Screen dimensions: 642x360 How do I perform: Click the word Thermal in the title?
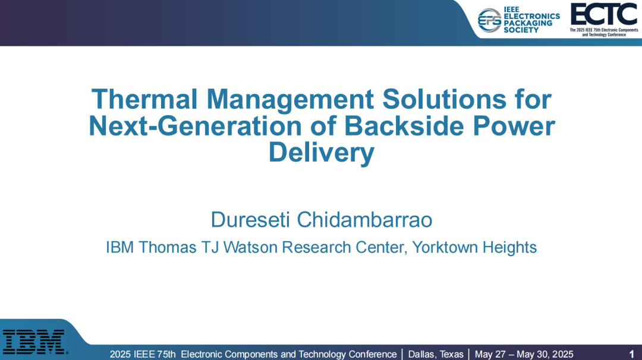tap(144, 99)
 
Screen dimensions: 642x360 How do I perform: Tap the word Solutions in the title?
tap(444, 99)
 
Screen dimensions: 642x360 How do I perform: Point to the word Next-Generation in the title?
tap(196, 126)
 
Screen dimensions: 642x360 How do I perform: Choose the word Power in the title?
tap(514, 126)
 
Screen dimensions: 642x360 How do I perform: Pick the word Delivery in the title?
tap(322, 153)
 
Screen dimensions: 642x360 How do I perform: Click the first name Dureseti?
tap(250, 220)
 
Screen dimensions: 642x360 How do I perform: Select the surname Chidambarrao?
tap(364, 220)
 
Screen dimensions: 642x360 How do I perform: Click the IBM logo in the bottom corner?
tap(34, 342)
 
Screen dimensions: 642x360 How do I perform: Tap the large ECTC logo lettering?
tap(604, 14)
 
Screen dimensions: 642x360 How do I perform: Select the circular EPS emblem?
tap(489, 20)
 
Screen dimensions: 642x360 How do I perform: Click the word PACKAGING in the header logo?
tap(528, 23)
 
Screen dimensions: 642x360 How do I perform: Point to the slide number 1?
tap(632, 354)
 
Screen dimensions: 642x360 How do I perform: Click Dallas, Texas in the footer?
tap(436, 354)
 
